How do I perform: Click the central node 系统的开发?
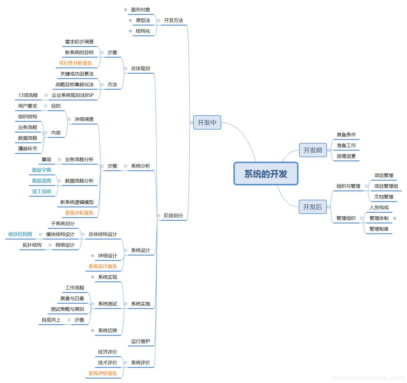tap(266, 174)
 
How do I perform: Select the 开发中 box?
tap(207, 122)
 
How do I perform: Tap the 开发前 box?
tap(313, 150)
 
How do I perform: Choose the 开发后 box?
tap(312, 207)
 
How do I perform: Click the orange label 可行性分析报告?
tap(76, 63)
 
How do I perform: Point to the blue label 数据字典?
tap(42, 170)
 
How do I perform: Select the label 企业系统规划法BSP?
tap(73, 95)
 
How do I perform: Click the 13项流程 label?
tap(28, 95)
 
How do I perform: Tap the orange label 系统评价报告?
tap(103, 373)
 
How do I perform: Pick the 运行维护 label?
tap(141, 341)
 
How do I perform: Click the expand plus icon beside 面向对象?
tap(125, 10)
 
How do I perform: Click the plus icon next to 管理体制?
tap(395, 218)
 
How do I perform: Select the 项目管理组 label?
tap(386, 186)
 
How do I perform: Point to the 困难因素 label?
tap(346, 156)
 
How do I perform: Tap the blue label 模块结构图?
tap(20, 234)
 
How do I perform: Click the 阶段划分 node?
tap(174, 215)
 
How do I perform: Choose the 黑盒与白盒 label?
tap(72, 298)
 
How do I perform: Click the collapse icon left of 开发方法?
tap(158, 21)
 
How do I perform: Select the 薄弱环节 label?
tap(28, 149)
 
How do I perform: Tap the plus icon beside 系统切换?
tap(92, 330)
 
